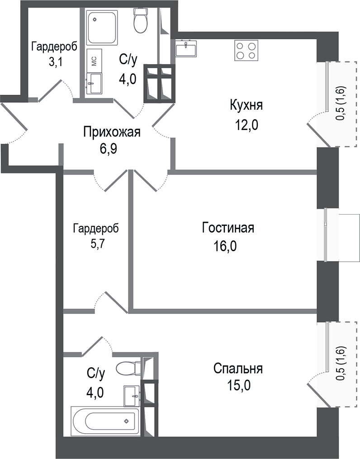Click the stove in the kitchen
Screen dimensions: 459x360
pyautogui.click(x=246, y=51)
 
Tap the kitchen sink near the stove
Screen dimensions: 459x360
pyautogui.click(x=185, y=48)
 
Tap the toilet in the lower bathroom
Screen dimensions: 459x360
pyautogui.click(x=128, y=368)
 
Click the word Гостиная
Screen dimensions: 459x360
pyautogui.click(x=228, y=228)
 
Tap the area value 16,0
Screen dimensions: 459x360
pyautogui.click(x=226, y=246)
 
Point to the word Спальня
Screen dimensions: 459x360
pyautogui.click(x=238, y=368)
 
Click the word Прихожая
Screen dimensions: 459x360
pyautogui.click(x=112, y=132)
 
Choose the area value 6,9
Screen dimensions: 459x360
pyautogui.click(x=109, y=150)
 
